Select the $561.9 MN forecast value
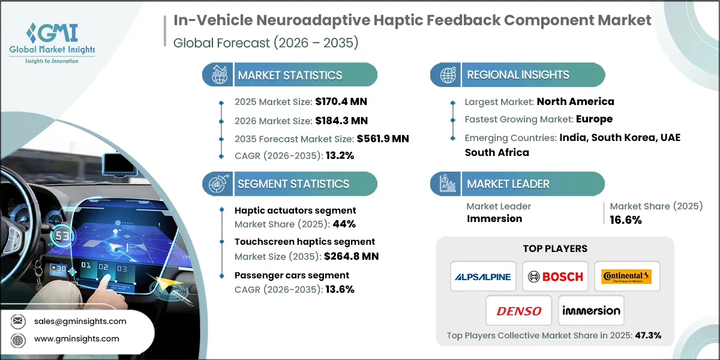(x=383, y=139)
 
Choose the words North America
(x=575, y=101)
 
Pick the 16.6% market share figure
(x=626, y=220)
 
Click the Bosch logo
(x=555, y=277)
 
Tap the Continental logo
(x=626, y=277)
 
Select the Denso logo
(x=519, y=311)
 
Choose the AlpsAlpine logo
(x=483, y=277)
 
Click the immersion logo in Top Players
(x=591, y=311)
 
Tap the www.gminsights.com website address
(x=76, y=339)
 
